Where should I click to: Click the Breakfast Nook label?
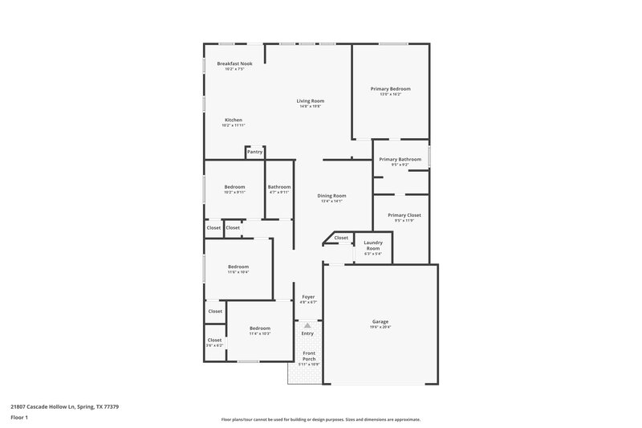[234, 63]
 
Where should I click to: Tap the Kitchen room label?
[233, 120]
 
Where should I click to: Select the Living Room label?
[310, 100]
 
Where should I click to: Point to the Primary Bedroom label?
[390, 88]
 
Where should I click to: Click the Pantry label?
[254, 151]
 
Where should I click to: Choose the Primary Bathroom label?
[400, 159]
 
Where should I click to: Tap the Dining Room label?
[331, 195]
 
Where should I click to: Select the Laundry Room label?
[373, 245]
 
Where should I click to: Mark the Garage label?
[380, 321]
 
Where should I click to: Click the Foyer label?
[308, 296]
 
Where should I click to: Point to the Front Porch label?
[309, 356]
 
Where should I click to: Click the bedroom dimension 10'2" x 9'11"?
[235, 192]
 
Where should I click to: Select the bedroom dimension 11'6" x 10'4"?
[238, 272]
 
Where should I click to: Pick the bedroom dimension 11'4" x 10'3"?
[259, 333]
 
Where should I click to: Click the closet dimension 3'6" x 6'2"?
[215, 344]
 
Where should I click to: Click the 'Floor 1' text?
[19, 418]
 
